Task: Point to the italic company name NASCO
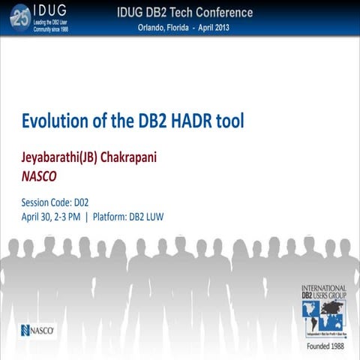point(40,178)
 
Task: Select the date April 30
point(42,217)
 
